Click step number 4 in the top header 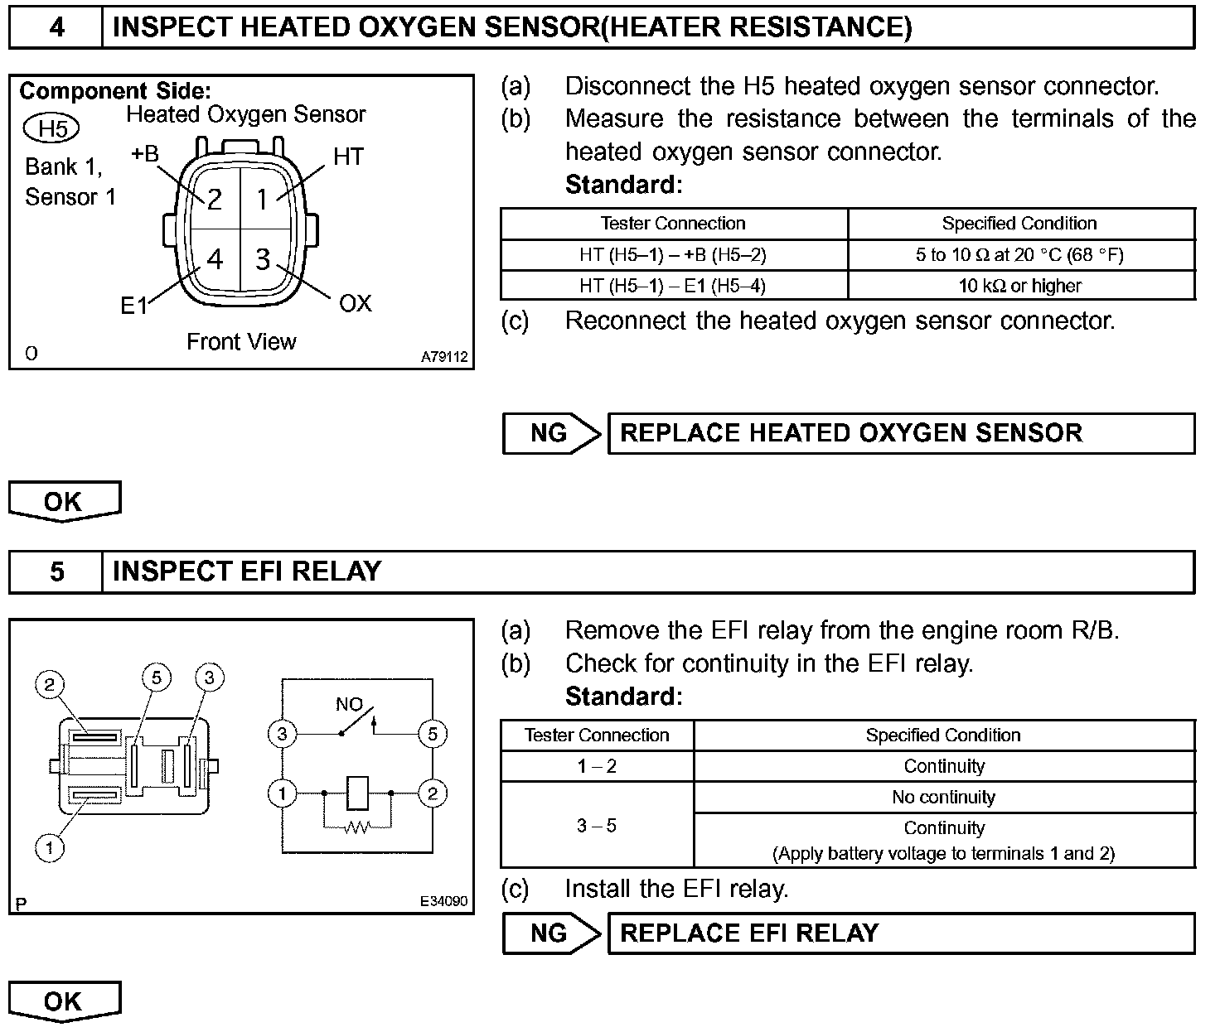point(56,27)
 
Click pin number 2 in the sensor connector point(215,199)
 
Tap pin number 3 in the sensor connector point(263,259)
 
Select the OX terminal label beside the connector point(356,304)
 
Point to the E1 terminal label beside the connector point(133,306)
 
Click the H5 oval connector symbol point(52,128)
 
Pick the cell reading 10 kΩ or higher point(1020,286)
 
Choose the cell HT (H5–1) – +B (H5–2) point(674,255)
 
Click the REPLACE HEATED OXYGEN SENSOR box point(901,433)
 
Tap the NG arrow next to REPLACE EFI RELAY point(551,933)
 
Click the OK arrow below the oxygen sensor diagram point(64,502)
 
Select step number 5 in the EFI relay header point(56,571)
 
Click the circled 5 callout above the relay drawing point(156,678)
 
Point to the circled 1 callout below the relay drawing point(50,847)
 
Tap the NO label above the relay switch point(349,705)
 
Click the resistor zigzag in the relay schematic point(356,826)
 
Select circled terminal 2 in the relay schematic point(433,794)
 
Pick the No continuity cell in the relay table point(943,798)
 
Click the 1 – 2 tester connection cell point(597,766)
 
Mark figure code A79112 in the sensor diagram point(444,357)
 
